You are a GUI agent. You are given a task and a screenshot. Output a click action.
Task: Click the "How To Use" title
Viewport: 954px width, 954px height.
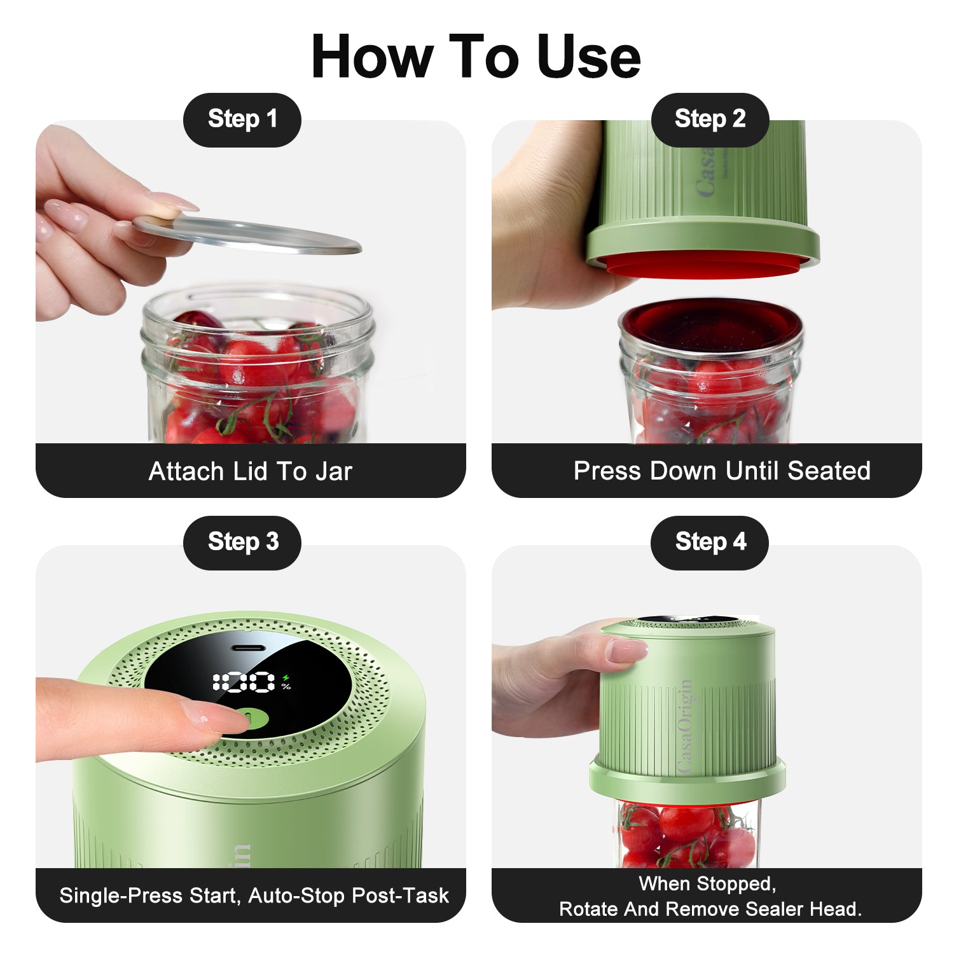pyautogui.click(x=476, y=57)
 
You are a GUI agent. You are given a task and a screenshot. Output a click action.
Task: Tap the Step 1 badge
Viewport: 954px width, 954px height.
pyautogui.click(x=242, y=120)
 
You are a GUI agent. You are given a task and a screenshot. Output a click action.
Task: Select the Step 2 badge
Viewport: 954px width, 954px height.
pyautogui.click(x=710, y=120)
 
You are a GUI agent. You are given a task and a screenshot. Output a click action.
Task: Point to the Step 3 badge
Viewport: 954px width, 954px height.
pyautogui.click(x=242, y=543)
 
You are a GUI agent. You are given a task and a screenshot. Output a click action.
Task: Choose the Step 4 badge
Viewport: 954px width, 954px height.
pyautogui.click(x=710, y=543)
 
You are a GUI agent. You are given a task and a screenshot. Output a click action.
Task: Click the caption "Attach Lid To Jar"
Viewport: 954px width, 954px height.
pyautogui.click(x=250, y=471)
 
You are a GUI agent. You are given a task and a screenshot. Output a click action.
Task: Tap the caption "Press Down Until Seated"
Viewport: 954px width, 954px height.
pyautogui.click(x=722, y=471)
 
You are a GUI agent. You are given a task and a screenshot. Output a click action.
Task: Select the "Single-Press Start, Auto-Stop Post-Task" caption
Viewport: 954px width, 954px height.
pyautogui.click(x=254, y=895)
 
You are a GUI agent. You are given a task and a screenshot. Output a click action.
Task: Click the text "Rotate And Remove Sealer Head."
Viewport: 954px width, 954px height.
pyautogui.click(x=710, y=909)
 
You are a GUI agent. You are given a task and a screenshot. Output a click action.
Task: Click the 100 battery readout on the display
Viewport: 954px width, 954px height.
pyautogui.click(x=244, y=682)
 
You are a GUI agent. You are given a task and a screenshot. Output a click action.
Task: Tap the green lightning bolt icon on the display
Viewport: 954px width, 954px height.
pyautogui.click(x=286, y=678)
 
